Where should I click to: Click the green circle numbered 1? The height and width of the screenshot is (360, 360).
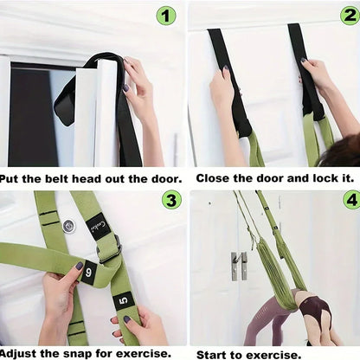coord(166,15)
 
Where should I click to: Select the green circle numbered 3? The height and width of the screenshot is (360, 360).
coord(171,200)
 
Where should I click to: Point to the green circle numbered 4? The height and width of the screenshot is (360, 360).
coord(349,200)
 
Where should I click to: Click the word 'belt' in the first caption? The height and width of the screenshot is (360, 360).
coord(67,178)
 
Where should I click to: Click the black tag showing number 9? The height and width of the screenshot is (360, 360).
coord(88,273)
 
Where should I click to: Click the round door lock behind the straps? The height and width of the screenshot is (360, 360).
coord(68,226)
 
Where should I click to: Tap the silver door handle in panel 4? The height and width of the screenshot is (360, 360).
coord(237,265)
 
